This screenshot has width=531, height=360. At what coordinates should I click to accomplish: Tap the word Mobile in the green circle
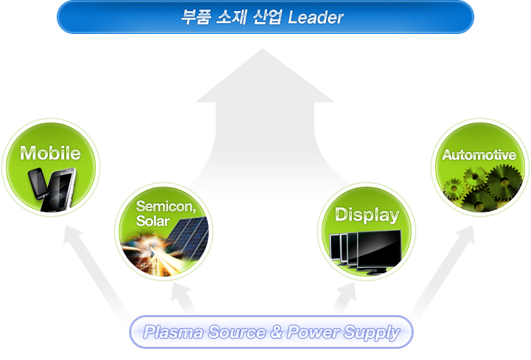coord(50,153)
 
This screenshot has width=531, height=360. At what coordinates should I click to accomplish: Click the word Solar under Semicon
coord(153,221)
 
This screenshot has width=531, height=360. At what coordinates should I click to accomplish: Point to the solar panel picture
coord(184,236)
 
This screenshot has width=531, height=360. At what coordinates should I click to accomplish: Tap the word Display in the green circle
coord(367,215)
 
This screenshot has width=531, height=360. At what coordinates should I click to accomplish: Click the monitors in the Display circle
coord(367,248)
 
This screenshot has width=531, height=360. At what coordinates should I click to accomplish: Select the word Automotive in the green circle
coord(479,155)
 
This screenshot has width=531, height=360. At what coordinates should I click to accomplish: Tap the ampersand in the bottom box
coord(277,333)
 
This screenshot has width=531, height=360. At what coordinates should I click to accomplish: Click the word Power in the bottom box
coord(314,333)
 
